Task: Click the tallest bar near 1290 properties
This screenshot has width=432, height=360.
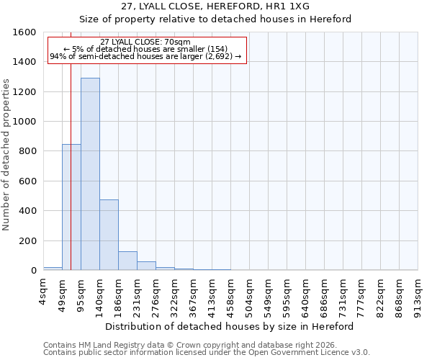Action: click(x=90, y=174)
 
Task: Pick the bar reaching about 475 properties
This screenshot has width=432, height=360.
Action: click(x=109, y=235)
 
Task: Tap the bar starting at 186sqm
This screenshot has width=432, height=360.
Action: click(x=127, y=261)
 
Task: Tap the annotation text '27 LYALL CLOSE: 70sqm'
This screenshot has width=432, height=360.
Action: click(x=145, y=42)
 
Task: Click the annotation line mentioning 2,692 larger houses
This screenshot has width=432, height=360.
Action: click(x=145, y=57)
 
